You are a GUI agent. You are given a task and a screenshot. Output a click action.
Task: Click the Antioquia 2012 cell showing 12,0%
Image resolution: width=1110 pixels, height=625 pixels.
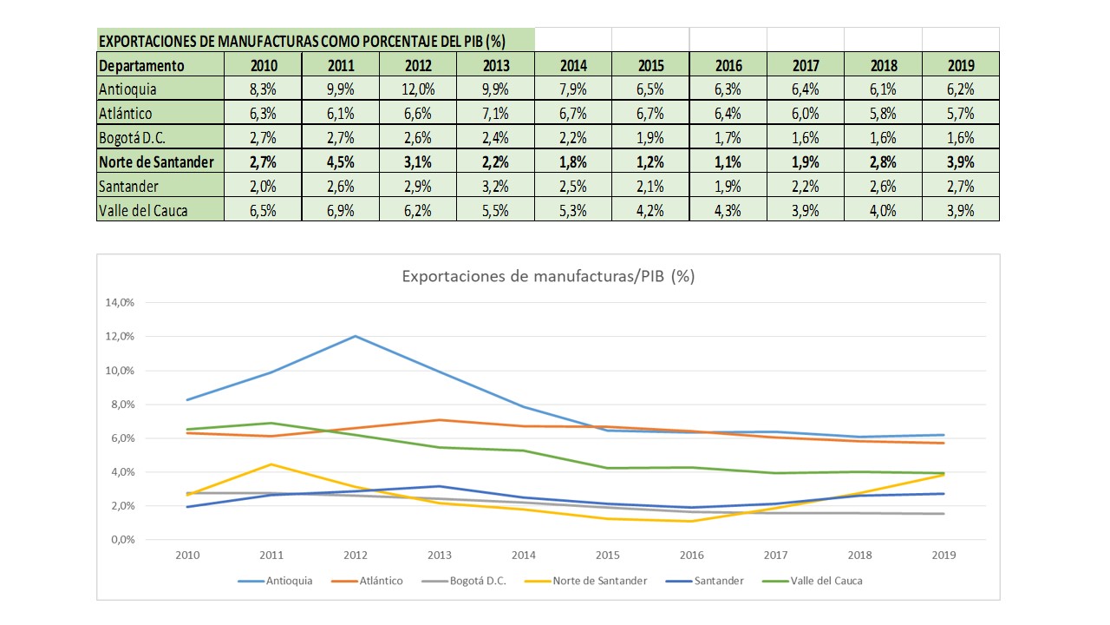pos(418,89)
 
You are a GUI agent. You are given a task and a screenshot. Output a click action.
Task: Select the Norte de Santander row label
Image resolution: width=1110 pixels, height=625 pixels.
pos(156,161)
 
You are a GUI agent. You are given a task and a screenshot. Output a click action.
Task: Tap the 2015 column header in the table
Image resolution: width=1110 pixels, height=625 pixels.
pos(650,65)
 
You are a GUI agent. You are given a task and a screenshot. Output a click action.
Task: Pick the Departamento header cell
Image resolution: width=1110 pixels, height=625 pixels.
pos(142,65)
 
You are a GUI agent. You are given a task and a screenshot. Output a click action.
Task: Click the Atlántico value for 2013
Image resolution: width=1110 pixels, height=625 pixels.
pos(495,113)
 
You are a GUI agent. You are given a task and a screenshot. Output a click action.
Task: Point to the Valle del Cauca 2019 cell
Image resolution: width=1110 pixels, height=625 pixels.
pos(960,210)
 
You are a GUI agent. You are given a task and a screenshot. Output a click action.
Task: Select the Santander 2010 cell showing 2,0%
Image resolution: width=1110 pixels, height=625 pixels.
pos(263,186)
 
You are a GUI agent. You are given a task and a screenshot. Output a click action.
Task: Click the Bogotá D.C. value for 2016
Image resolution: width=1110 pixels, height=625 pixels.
pos(728,137)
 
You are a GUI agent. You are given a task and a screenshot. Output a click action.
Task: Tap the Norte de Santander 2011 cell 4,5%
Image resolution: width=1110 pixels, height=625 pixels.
pos(340,161)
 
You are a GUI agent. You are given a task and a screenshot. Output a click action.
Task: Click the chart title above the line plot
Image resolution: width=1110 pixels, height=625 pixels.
pos(548,276)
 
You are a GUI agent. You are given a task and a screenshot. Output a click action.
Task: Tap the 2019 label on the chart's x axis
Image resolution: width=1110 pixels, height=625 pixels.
pos(943,556)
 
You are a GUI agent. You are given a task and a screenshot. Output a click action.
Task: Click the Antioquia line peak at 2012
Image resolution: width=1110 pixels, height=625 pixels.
pos(356,336)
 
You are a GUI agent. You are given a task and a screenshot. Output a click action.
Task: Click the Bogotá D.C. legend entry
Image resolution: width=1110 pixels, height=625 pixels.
pos(472,581)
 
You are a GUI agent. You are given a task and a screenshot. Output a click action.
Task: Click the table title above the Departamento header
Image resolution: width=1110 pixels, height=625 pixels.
pos(302,41)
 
